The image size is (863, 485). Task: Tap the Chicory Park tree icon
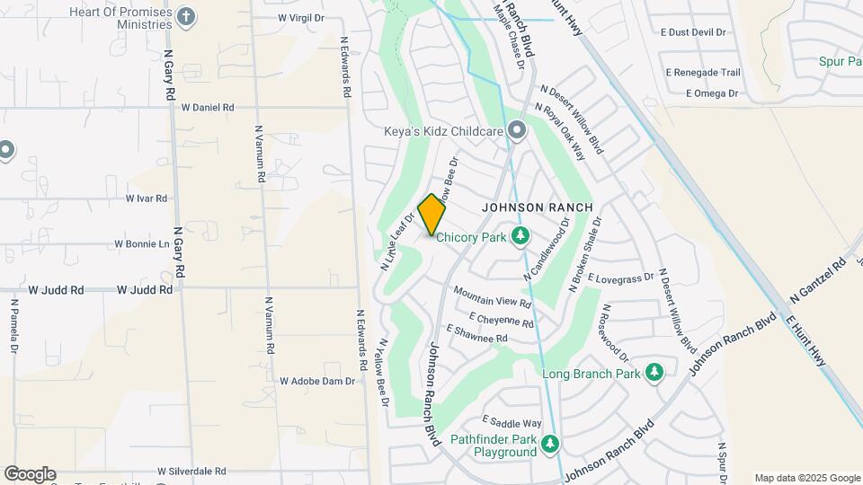click(x=519, y=236)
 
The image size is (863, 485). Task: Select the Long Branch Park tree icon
click(x=654, y=372)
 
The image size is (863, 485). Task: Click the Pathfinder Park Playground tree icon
click(x=549, y=444)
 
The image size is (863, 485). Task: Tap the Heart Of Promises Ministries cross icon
click(x=185, y=16)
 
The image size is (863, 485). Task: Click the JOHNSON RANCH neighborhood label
click(x=538, y=207)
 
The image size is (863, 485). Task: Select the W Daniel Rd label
click(x=208, y=107)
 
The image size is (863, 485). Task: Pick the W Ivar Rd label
click(x=147, y=198)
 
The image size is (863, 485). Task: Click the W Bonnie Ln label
click(x=142, y=244)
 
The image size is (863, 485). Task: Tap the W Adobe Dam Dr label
click(x=317, y=381)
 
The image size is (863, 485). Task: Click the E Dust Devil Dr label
click(x=692, y=32)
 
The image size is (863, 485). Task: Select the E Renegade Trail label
click(x=703, y=73)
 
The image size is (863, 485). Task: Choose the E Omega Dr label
click(x=712, y=93)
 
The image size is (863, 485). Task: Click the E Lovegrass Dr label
click(x=620, y=279)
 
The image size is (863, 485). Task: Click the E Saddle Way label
click(x=512, y=422)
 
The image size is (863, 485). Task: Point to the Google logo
click(x=30, y=474)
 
